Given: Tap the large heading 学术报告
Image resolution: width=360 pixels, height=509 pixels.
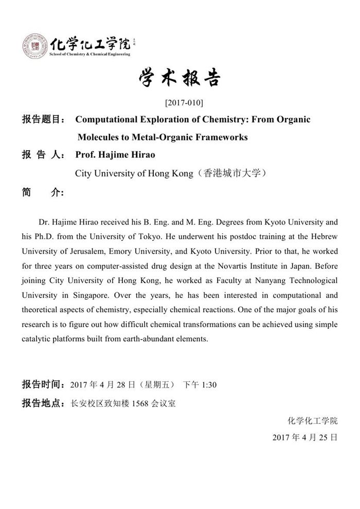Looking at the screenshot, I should [x=179, y=79].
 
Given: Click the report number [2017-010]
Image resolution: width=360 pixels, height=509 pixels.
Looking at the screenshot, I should [x=179, y=102].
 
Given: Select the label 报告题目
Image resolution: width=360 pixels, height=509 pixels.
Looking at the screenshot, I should [x=41, y=120].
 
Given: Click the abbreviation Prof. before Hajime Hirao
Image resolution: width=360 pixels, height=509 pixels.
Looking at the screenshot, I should [x=86, y=155].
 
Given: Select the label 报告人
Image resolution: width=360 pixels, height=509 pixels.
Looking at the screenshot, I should [x=41, y=155].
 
